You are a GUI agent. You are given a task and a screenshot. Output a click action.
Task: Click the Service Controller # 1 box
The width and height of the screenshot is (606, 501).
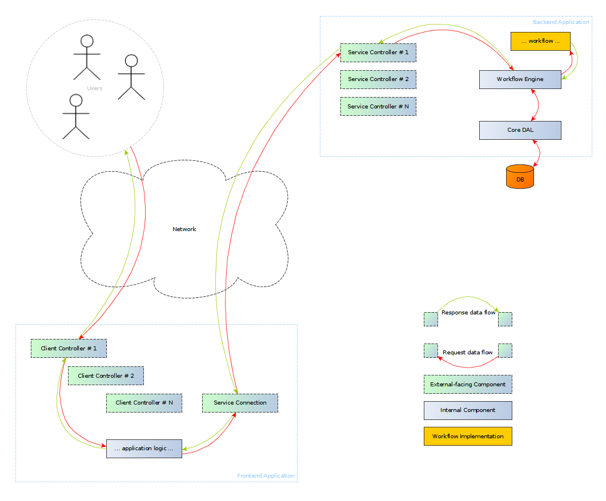[x=378, y=52]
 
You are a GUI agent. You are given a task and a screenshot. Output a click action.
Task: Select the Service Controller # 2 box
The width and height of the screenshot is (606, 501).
[x=378, y=79]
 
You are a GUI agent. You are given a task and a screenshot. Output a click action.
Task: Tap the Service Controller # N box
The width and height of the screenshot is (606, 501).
[x=378, y=107]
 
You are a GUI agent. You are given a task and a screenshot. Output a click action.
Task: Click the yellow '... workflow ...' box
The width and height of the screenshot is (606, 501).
[x=540, y=41]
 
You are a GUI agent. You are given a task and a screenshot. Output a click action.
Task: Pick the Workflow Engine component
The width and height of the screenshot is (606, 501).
[x=520, y=79]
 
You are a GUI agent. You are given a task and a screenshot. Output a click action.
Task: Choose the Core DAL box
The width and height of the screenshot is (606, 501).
[x=520, y=130]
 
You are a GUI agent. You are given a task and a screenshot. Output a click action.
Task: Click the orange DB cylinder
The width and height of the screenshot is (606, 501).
[x=520, y=177]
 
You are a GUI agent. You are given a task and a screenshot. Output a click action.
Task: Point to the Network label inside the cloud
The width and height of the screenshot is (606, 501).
[x=184, y=229]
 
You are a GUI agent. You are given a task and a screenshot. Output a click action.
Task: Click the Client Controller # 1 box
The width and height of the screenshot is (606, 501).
[x=69, y=349]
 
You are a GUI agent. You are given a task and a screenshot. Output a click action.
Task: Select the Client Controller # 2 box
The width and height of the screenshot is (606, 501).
[x=106, y=376]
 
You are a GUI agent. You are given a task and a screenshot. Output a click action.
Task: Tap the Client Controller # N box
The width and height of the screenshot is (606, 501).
[x=144, y=403]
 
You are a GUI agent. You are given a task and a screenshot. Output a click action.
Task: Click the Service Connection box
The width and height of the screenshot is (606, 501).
[x=240, y=403]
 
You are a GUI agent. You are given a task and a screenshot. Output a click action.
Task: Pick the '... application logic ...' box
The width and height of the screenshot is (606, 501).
[x=144, y=449]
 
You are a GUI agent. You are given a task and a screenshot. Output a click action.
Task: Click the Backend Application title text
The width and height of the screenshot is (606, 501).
[x=560, y=22]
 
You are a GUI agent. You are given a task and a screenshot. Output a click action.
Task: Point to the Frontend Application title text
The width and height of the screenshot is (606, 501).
[x=266, y=476]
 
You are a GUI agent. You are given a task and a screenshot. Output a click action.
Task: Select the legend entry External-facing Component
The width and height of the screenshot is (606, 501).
[x=468, y=385]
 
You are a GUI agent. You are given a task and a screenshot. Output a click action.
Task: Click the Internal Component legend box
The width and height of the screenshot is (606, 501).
[x=468, y=410]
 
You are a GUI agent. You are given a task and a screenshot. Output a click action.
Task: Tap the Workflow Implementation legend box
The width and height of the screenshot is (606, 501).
[x=468, y=437]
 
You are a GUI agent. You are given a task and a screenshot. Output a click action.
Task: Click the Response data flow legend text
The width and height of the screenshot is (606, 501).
[x=468, y=313]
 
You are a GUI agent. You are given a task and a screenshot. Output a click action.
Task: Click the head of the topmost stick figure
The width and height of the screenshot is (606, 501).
[x=87, y=41]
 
